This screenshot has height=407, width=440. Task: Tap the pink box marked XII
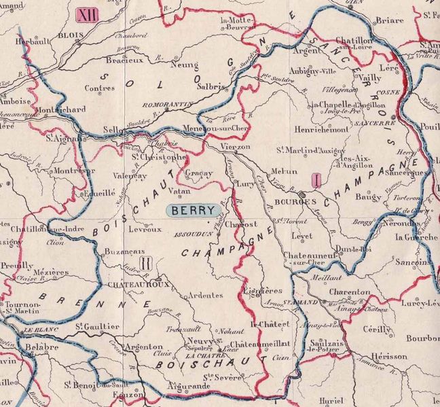pyautogui.click(x=87, y=14)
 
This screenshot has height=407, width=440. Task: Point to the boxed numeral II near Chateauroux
pyautogui.click(x=144, y=262)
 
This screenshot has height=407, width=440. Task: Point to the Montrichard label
pyautogui.click(x=61, y=109)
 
